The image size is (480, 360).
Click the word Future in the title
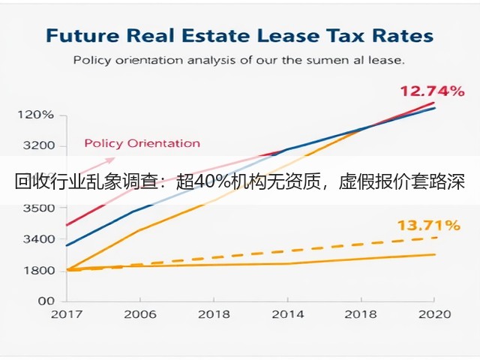82,35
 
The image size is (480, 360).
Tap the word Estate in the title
216,35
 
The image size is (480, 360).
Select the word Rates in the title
403,35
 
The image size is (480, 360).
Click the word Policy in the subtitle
91,60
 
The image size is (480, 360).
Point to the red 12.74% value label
432,91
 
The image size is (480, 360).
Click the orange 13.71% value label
428,226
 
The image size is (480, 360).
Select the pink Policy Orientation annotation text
142,143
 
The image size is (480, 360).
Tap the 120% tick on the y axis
35,115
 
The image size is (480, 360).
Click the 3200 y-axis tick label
38,145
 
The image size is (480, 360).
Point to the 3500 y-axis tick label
38,208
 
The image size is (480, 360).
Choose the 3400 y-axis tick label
38,239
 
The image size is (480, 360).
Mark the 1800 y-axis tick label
38,271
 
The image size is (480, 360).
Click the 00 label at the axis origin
46,301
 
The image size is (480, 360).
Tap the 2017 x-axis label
67,314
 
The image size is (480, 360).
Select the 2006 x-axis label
140,314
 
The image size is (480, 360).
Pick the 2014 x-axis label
288,314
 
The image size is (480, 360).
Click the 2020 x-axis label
435,314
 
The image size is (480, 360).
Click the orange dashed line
251,253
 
